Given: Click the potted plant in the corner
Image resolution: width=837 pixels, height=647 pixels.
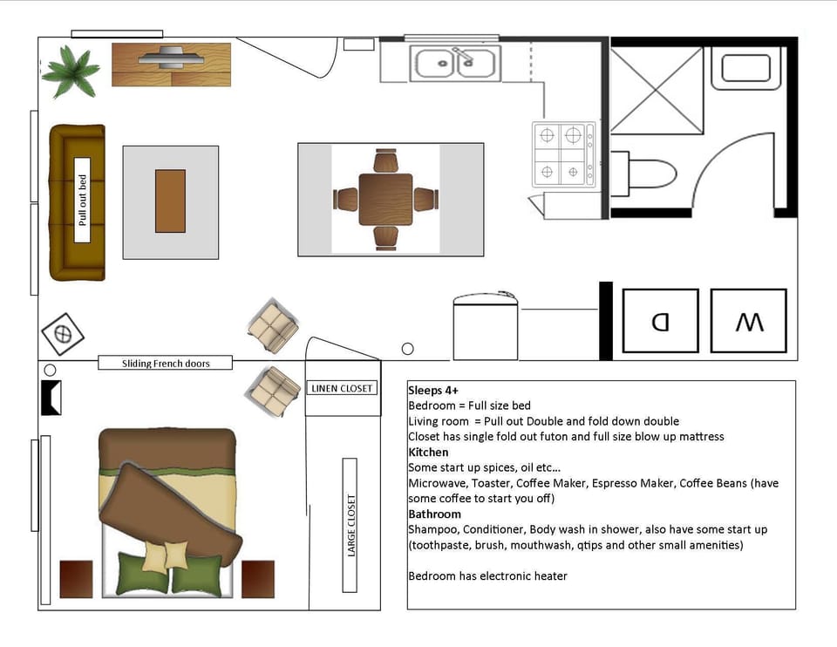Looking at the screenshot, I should point(70,72).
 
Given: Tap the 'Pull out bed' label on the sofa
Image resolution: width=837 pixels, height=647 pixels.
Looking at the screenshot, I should point(83,201).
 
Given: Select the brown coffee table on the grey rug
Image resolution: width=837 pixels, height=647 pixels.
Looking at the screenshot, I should point(170,201).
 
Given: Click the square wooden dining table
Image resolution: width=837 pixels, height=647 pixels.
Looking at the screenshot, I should point(384,200).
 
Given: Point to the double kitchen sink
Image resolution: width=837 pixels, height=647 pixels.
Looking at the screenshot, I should point(456,63).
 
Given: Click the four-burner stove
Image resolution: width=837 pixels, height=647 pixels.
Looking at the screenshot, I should point(563,154).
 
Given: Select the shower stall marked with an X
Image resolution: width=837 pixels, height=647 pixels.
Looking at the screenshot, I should point(656,91).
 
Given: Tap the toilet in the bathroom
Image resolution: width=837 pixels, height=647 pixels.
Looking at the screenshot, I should point(645,173).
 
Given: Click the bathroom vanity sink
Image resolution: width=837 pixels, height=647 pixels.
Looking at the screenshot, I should point(745,68).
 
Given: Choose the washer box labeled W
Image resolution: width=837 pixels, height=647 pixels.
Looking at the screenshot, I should point(748,321).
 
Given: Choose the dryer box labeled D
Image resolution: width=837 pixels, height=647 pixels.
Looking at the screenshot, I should point(660,321).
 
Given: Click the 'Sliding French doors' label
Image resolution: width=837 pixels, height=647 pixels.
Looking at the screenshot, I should point(166,363).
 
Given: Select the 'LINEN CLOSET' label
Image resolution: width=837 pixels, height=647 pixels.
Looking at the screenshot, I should point(342,388).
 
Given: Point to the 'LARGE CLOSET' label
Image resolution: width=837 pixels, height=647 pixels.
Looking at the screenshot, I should point(350,525).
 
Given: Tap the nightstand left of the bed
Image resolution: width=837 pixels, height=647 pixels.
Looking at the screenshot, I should point(76,579).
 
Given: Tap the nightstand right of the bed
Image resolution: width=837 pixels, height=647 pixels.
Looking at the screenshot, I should point(258,579).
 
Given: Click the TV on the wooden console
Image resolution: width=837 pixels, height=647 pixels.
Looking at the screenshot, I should point(171,59).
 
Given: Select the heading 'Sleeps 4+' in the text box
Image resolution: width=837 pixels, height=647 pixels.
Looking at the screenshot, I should point(432,391).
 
